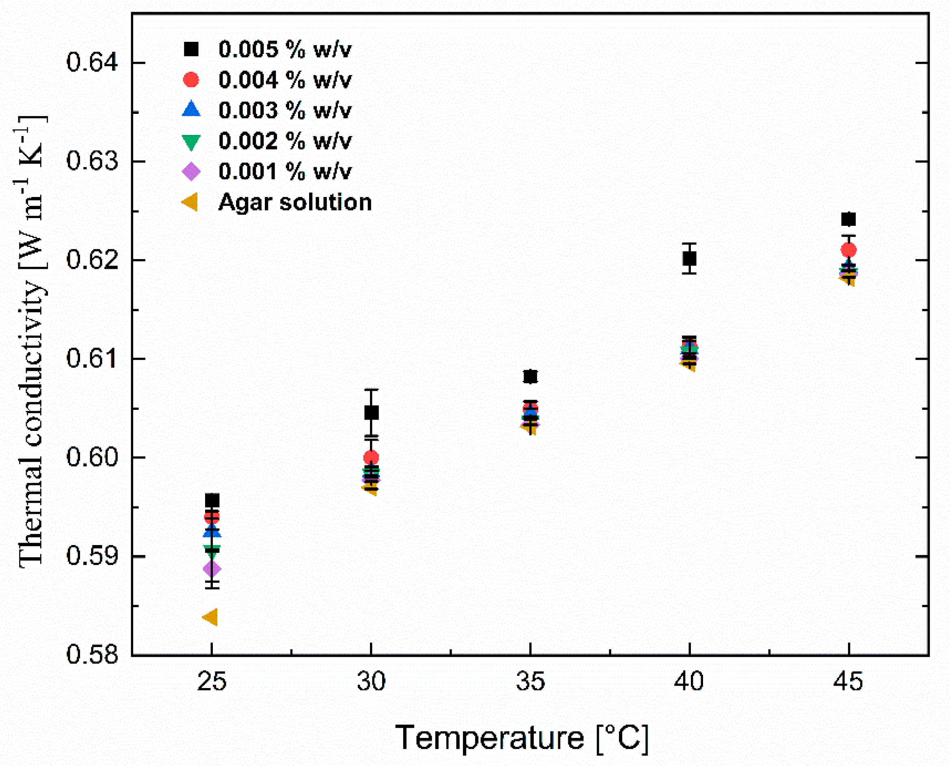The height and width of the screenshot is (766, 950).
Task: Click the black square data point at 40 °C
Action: [x=689, y=259]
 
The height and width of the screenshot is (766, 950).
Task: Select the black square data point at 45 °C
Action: [x=848, y=219]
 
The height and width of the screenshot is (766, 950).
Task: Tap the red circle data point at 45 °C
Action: [x=848, y=250]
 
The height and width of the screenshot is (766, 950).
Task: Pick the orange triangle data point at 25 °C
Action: [x=210, y=617]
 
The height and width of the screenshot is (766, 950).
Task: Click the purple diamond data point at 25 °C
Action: [x=212, y=569]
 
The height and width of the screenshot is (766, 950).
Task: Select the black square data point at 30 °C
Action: [x=372, y=413]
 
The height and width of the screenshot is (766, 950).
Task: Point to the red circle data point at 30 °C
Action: [x=371, y=458]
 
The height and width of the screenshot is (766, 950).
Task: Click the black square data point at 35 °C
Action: [x=530, y=377]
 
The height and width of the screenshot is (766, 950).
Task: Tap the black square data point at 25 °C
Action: [x=212, y=501]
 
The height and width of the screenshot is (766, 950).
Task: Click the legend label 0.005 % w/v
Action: [x=285, y=50]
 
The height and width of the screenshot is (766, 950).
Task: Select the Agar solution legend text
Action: [x=295, y=203]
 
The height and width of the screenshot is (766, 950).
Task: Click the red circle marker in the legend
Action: [x=191, y=80]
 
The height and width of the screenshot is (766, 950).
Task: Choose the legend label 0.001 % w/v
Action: [x=285, y=172]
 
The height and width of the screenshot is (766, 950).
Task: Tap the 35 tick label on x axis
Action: [x=530, y=681]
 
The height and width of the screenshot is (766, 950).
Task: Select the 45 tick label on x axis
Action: [x=848, y=681]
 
